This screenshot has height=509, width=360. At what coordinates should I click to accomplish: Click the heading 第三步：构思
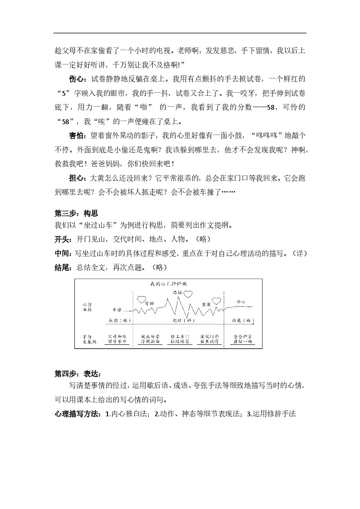point(76,213)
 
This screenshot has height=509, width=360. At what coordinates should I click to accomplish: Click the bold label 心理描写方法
point(77,414)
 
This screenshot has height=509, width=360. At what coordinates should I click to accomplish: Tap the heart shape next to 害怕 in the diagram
point(141,300)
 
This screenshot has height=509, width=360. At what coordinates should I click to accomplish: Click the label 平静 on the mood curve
point(116,310)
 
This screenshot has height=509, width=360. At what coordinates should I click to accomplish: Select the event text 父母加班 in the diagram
point(117,337)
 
